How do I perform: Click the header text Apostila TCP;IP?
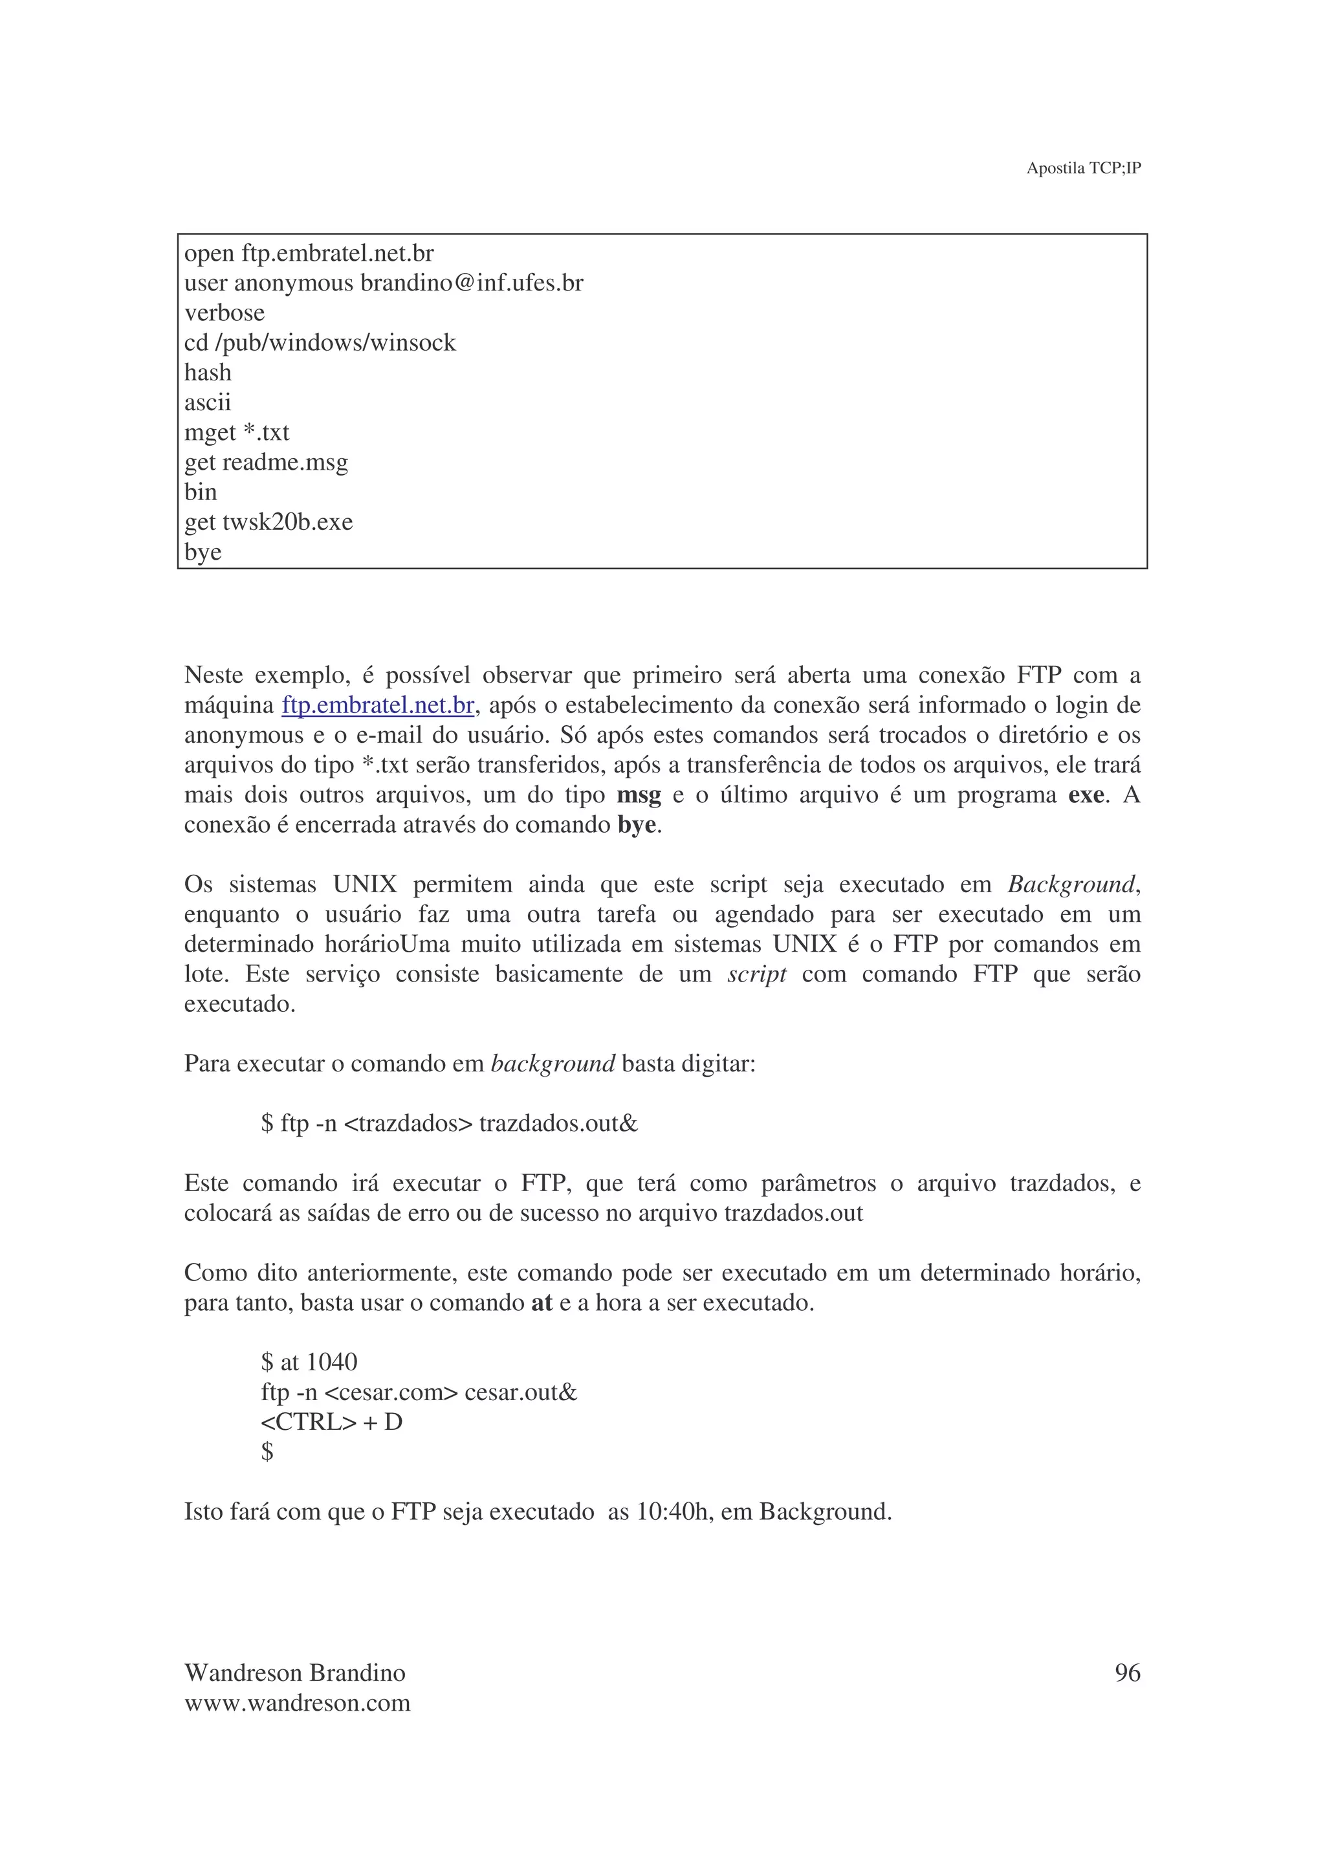[x=1082, y=168]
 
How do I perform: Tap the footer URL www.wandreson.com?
[x=297, y=1704]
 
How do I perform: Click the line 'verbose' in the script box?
[x=224, y=312]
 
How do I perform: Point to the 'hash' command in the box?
[x=208, y=373]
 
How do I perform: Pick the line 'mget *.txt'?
[x=237, y=432]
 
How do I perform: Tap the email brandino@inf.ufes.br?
[x=472, y=283]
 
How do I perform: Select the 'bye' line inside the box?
[x=203, y=552]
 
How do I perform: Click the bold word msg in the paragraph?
[x=639, y=795]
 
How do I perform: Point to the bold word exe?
[x=1085, y=795]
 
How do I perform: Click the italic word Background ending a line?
[x=1070, y=884]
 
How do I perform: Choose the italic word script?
[x=757, y=974]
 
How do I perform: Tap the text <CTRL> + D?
[x=331, y=1421]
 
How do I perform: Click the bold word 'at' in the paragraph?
[x=542, y=1302]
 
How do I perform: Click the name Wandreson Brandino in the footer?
[x=295, y=1673]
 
